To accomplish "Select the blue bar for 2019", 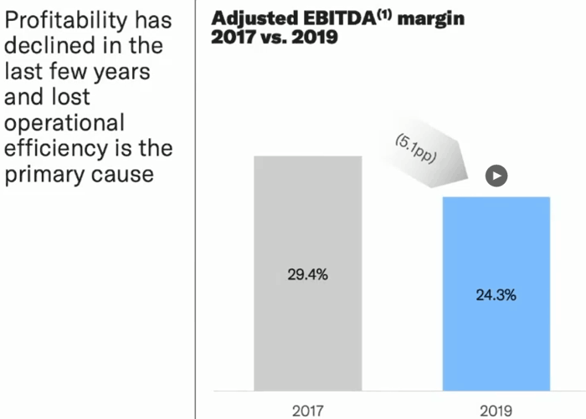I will click(496, 251).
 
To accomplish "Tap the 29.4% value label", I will click(308, 275).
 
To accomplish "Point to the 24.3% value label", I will click(496, 294).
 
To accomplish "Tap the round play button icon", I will click(496, 176).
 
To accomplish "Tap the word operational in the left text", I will click(64, 123).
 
